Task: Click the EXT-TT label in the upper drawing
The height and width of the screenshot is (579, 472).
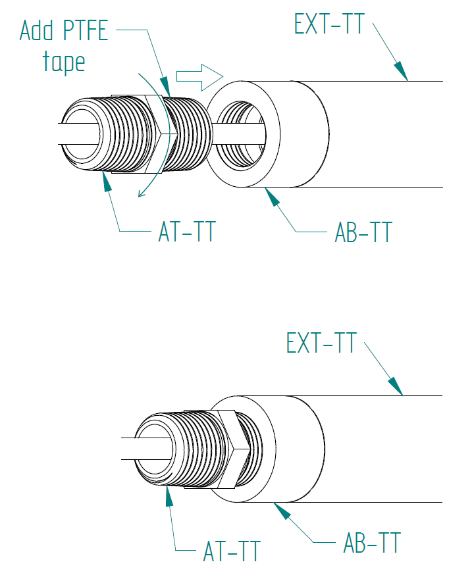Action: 328,24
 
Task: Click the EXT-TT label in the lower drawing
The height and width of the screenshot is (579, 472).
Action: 321,343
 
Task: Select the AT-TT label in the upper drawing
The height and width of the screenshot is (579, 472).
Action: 187,232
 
